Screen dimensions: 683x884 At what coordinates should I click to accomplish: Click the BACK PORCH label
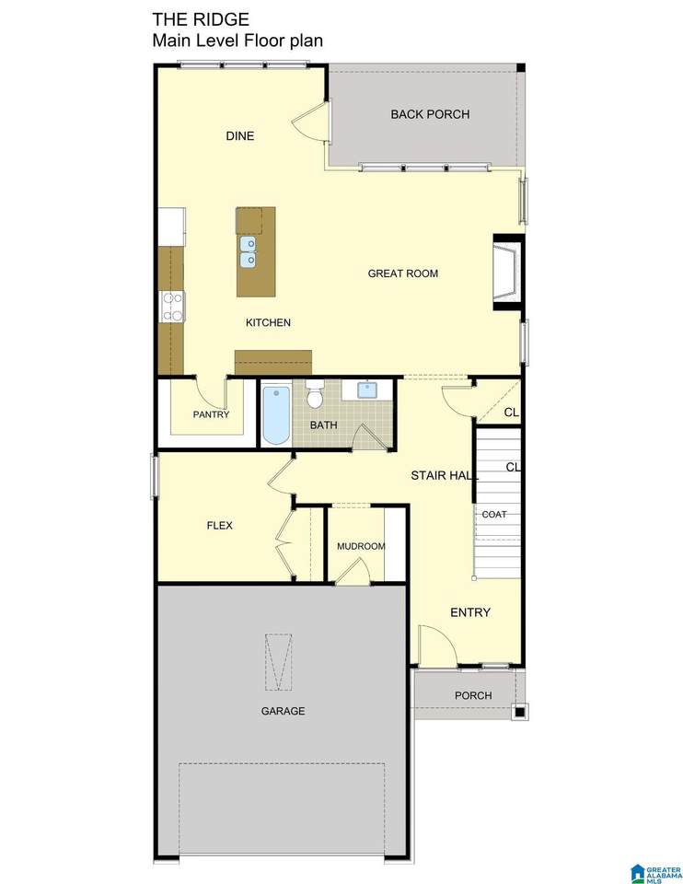coord(430,114)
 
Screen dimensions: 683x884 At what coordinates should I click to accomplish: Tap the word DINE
coord(240,136)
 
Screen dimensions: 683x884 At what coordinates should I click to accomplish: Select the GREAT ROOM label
coord(403,273)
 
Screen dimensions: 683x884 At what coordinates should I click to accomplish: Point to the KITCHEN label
coord(268,322)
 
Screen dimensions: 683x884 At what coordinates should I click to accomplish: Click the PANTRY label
coord(212,414)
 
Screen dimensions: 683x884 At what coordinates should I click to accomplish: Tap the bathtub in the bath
coord(276,415)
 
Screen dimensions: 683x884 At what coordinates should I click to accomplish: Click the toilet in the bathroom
coord(315,393)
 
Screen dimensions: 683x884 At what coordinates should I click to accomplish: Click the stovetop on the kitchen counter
coord(172,307)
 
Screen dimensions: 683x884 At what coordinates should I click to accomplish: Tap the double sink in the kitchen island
coord(248,251)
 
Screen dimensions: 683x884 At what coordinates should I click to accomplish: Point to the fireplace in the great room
coord(508,272)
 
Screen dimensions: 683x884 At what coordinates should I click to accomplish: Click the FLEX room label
coord(220,526)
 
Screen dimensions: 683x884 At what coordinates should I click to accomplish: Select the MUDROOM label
coord(361,546)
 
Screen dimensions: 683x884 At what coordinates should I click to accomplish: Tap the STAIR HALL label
coord(445,476)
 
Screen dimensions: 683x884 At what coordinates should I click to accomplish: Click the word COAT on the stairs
coord(494,514)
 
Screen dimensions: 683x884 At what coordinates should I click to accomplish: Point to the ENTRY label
coord(470,612)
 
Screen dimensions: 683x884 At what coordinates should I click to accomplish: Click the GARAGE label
coord(283,711)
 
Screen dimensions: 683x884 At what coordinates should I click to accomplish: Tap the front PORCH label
coord(473,696)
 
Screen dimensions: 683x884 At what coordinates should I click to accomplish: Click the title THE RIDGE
coord(201,19)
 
